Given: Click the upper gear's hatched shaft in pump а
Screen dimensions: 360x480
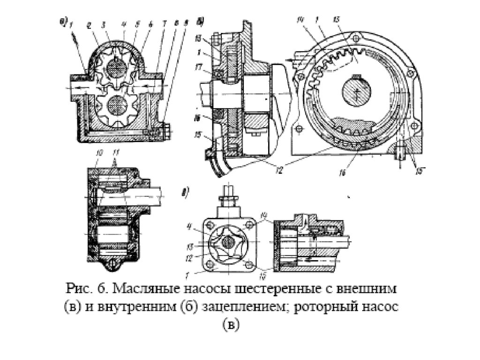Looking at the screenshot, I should pyautogui.click(x=116, y=69).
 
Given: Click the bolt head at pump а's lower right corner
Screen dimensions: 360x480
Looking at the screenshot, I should pyautogui.click(x=166, y=130).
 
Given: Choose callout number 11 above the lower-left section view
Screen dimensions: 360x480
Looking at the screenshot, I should pyautogui.click(x=116, y=152).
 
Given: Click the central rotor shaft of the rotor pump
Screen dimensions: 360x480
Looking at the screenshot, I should pyautogui.click(x=227, y=242).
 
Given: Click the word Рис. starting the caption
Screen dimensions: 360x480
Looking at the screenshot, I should pyautogui.click(x=77, y=287).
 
